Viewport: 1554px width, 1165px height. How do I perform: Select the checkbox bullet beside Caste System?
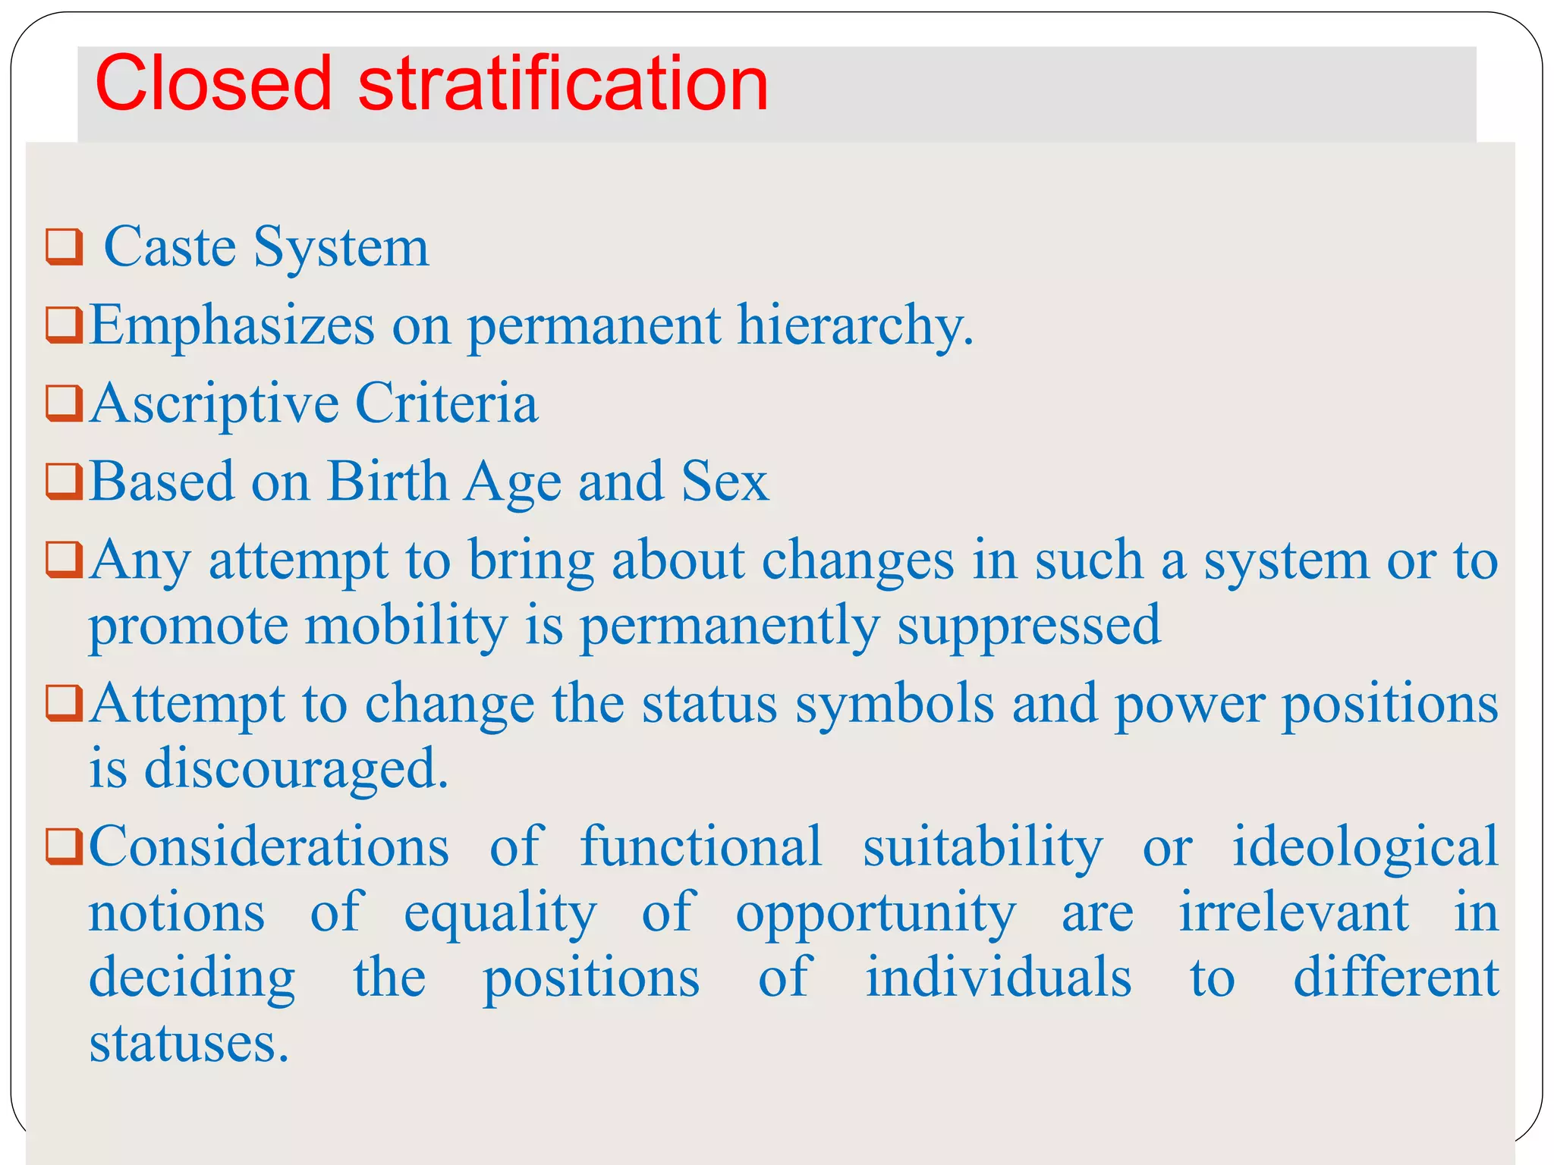tap(64, 247)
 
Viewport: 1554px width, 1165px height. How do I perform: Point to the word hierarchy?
tap(854, 326)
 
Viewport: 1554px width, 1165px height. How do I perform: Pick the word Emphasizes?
tap(232, 326)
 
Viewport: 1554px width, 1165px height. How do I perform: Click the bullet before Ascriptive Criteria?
tap(64, 403)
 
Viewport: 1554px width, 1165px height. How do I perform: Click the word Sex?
tap(725, 482)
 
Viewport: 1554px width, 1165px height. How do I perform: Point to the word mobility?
tap(406, 626)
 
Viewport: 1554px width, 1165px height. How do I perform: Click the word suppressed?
tap(1029, 626)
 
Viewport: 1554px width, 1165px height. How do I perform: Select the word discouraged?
tap(296, 769)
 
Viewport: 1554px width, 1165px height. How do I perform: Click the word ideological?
tap(1365, 846)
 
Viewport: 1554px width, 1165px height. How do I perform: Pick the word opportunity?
tap(876, 913)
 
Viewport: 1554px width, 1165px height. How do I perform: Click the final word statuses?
tap(189, 1044)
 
